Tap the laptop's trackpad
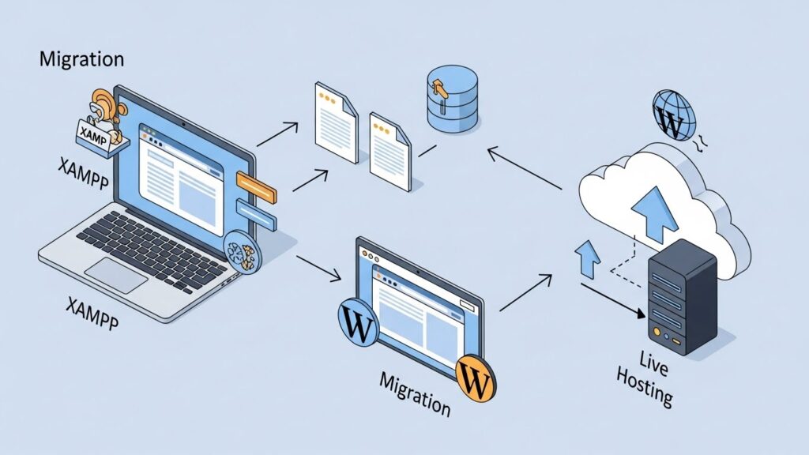click(x=116, y=274)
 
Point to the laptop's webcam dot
click(x=184, y=123)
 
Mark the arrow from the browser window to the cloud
click(x=525, y=291)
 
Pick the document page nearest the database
click(x=391, y=150)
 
